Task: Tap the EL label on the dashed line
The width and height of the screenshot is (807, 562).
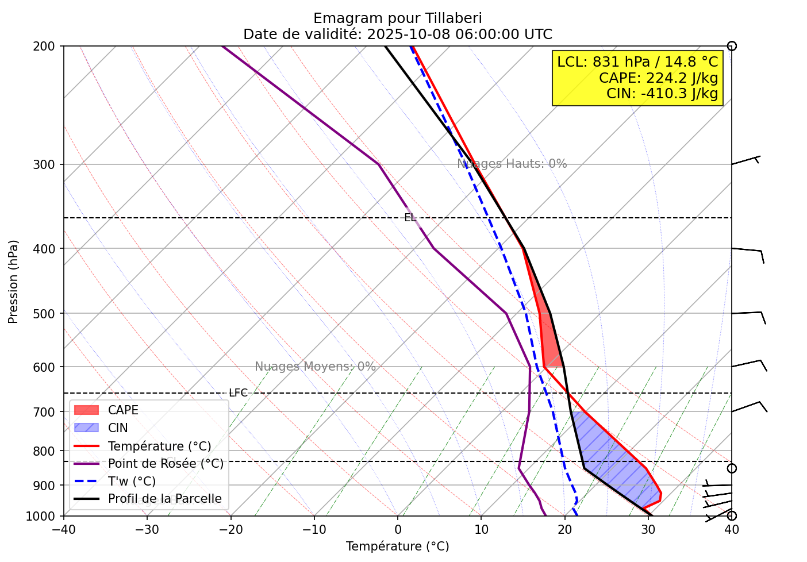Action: [x=410, y=218]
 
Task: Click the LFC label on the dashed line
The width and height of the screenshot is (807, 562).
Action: [x=238, y=393]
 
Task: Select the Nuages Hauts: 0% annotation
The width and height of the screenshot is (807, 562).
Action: [x=512, y=164]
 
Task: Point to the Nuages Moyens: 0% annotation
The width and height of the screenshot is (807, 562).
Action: [x=315, y=367]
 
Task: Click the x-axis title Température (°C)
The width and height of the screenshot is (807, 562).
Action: [x=397, y=546]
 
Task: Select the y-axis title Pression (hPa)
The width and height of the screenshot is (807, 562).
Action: [x=14, y=282]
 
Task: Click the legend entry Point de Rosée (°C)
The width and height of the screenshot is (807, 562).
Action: [x=166, y=464]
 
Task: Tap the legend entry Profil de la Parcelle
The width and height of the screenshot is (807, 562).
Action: [x=164, y=499]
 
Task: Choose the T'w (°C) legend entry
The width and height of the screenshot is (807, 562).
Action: [x=132, y=482]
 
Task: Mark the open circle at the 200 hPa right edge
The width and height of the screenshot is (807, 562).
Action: [x=732, y=46]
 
